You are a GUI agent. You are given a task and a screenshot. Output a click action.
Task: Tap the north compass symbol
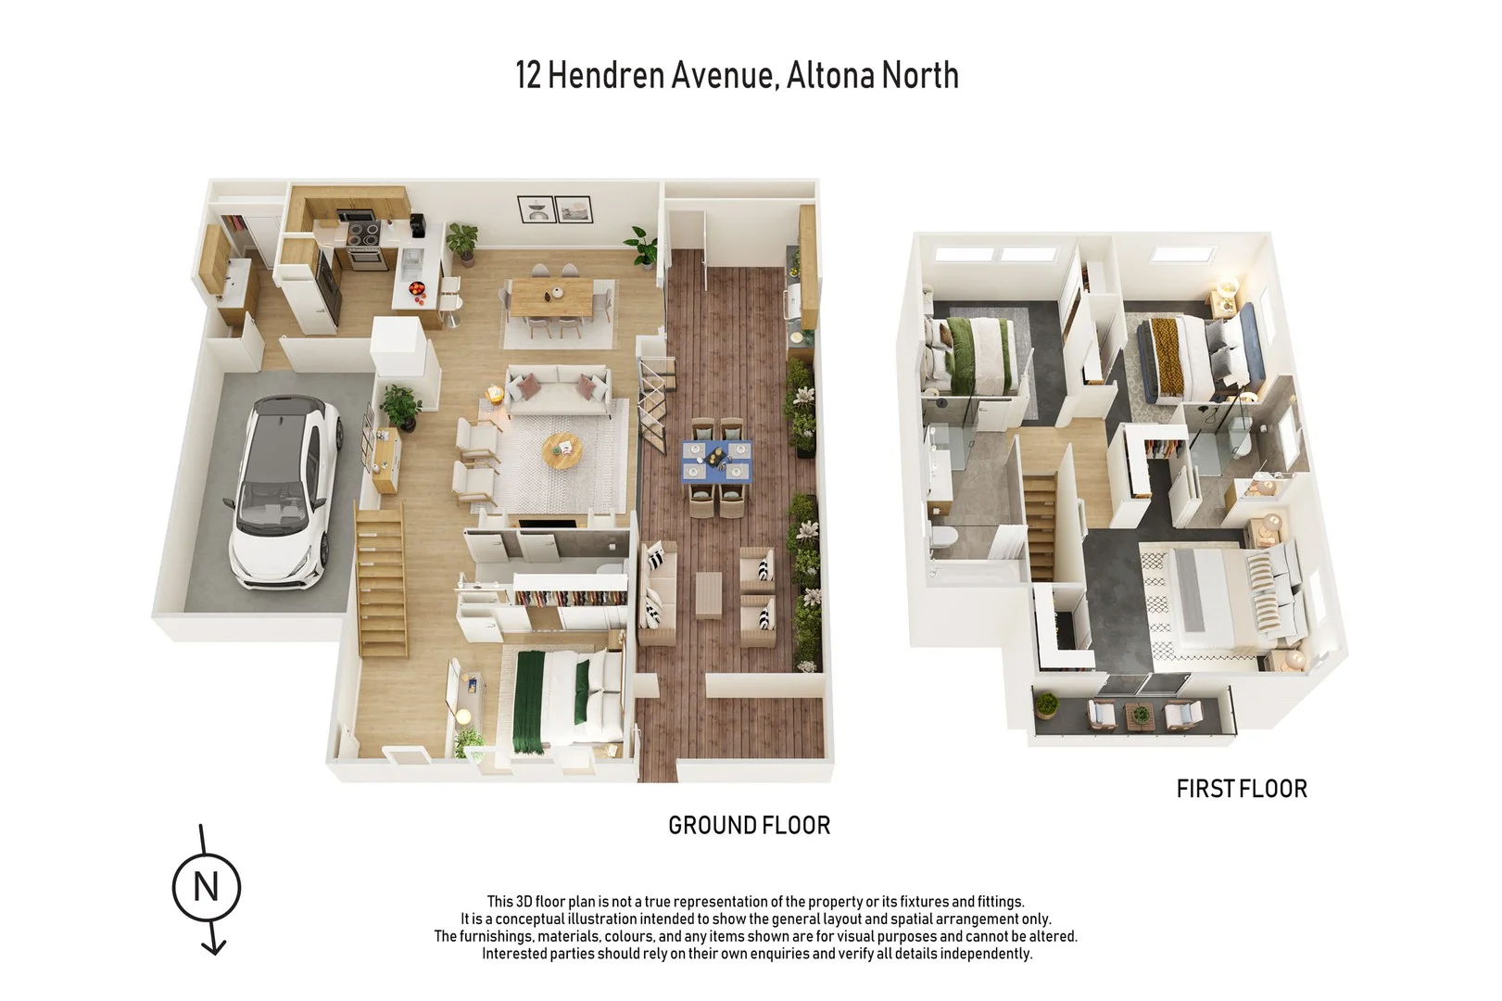click(207, 887)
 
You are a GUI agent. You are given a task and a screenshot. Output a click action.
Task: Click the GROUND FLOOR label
click(749, 825)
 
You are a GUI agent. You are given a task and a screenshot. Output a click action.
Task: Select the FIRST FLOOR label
click(1241, 789)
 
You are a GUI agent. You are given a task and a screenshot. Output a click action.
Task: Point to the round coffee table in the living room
click(562, 450)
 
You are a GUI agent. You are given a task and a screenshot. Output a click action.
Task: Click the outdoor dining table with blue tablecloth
click(717, 461)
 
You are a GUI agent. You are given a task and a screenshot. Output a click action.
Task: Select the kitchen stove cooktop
click(363, 233)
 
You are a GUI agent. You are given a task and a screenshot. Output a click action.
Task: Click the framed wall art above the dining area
click(554, 209)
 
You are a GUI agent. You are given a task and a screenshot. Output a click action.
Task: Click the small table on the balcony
click(1139, 715)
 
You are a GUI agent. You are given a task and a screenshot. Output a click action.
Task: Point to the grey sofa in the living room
click(557, 388)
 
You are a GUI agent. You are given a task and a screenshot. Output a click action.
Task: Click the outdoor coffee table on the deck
click(708, 593)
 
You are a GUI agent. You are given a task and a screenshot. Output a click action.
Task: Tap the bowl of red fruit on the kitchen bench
click(416, 287)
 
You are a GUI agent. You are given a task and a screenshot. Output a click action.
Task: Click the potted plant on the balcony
click(1046, 705)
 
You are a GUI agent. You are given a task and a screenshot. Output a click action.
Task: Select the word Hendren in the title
click(660, 75)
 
